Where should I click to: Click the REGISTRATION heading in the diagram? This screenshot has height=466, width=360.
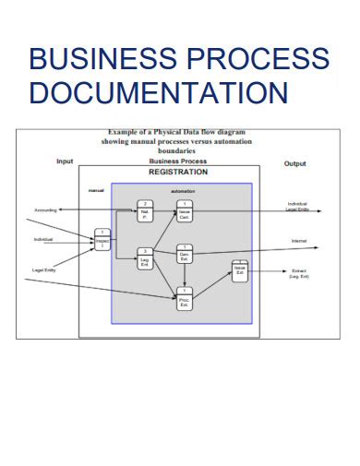click(x=178, y=172)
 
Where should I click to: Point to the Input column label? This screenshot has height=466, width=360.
click(x=65, y=161)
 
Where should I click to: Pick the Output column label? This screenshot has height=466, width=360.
click(x=294, y=163)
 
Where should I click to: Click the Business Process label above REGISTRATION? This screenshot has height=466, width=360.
click(x=177, y=161)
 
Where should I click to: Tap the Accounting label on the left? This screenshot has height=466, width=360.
click(x=45, y=211)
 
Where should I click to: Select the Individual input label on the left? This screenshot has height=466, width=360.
click(x=43, y=240)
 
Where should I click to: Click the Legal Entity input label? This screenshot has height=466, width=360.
click(x=43, y=269)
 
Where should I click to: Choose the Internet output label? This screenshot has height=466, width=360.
click(x=298, y=241)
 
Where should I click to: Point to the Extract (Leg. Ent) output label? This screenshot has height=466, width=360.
click(x=299, y=273)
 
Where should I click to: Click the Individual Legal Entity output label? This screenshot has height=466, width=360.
click(x=298, y=207)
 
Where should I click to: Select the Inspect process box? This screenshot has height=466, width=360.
click(x=102, y=240)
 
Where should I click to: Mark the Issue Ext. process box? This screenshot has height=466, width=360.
click(x=239, y=271)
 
